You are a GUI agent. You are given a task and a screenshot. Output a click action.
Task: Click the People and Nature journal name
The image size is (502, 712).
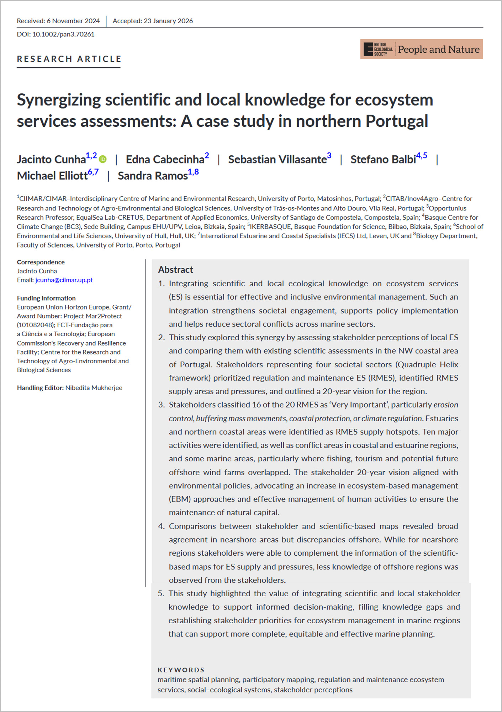[438, 50]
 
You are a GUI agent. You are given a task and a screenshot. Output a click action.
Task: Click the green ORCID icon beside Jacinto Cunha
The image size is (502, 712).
[103, 159]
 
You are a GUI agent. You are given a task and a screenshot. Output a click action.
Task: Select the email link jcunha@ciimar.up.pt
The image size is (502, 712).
[64, 280]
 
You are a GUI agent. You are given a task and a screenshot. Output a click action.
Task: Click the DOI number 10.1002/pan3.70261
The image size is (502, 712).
[63, 35]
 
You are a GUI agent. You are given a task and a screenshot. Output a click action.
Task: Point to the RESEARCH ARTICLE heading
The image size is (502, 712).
[69, 59]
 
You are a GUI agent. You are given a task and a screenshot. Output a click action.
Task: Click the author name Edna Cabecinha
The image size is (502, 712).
[165, 160]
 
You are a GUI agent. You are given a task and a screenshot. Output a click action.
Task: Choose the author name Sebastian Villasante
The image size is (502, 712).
[277, 160]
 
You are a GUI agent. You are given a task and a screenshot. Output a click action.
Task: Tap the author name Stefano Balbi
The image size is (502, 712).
[383, 160]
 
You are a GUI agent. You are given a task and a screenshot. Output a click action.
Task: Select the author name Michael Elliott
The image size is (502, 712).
[52, 176]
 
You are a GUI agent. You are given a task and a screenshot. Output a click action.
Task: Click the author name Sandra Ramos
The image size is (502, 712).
[153, 176]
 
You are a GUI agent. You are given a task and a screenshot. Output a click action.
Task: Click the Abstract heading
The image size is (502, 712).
[175, 270]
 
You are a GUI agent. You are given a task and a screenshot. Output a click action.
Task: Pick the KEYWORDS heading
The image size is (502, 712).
[181, 670]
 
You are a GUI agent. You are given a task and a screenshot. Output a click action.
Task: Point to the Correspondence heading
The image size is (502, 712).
[41, 262]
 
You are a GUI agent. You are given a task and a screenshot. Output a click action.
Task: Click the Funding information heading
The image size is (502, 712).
[46, 298]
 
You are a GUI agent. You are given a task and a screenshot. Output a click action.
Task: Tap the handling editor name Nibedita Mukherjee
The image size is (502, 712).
[94, 388]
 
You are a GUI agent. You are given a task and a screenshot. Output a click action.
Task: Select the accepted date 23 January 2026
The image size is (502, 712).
[168, 21]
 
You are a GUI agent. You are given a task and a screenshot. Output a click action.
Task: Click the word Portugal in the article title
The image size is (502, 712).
[396, 121]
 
